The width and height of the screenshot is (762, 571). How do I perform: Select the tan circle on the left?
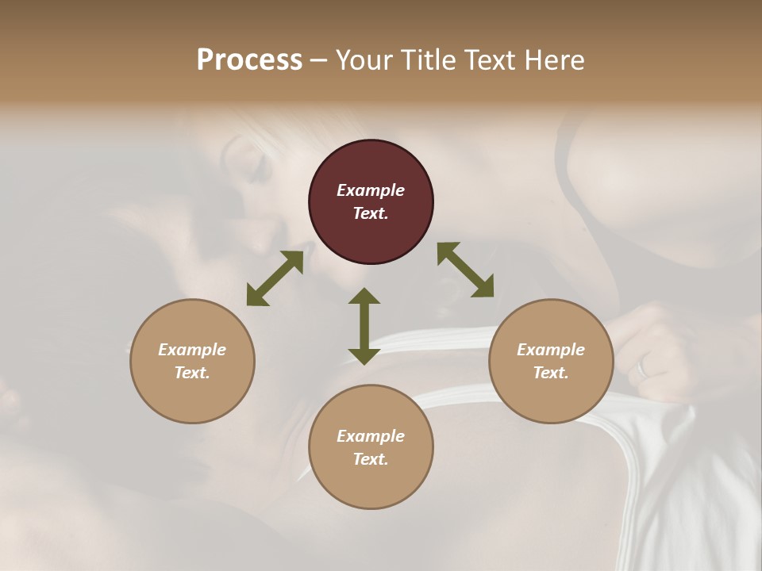[x=192, y=361]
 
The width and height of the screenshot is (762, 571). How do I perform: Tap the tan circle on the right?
[x=551, y=361]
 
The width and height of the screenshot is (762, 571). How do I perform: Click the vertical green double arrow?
[x=364, y=326]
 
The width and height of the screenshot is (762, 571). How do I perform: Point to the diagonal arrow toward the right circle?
[x=465, y=270]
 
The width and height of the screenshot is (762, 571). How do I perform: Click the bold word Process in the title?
[x=249, y=59]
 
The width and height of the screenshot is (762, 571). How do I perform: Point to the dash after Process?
[x=319, y=61]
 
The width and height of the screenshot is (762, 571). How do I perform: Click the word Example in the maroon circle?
[x=371, y=190]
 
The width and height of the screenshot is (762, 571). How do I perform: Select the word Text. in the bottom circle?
[x=371, y=459]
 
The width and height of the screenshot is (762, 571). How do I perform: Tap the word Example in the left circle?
[x=192, y=350]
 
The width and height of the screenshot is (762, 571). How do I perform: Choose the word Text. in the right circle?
[x=551, y=373]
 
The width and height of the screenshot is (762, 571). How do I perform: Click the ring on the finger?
[x=643, y=367]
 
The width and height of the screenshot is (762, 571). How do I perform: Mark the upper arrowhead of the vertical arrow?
[x=364, y=297]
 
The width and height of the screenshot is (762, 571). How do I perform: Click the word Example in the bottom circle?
[x=371, y=436]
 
